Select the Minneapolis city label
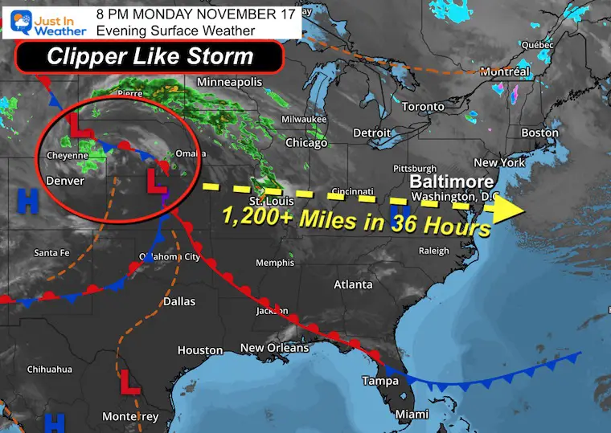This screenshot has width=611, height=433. [x=230, y=83]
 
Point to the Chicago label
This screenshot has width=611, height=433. [x=306, y=143]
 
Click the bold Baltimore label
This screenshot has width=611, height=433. [x=451, y=181]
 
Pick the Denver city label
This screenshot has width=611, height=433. [x=66, y=181]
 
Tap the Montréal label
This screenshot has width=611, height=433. [x=504, y=72]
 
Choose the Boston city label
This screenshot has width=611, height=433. [x=539, y=133]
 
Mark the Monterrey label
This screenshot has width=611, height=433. [x=131, y=416]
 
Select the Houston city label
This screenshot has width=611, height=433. [x=200, y=350]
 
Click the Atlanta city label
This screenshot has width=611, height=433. [x=353, y=284]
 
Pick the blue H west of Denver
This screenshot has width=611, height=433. [x=28, y=201]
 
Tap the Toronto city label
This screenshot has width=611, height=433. [x=422, y=107]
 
